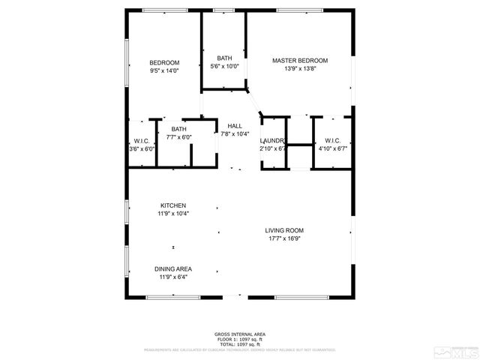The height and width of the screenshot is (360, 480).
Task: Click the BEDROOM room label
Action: click(164, 62)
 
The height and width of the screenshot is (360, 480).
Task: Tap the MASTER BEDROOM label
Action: click(300, 60)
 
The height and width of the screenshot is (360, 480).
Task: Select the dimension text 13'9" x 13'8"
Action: click(300, 69)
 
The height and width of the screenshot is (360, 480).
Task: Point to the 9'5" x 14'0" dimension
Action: click(164, 70)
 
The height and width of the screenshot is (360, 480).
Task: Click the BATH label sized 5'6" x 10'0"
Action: click(224, 58)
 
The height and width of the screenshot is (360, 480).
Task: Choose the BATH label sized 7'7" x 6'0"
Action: click(178, 129)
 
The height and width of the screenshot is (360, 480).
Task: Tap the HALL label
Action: click(235, 126)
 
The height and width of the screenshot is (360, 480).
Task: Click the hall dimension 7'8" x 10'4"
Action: click(235, 134)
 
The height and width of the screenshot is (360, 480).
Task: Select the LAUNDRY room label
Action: click(272, 140)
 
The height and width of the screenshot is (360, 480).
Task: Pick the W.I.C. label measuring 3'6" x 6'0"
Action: click(142, 140)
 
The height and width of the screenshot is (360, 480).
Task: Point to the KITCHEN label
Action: click(173, 205)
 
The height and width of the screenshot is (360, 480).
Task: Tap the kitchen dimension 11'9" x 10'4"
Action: click(173, 214)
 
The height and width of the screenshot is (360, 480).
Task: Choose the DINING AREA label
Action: click(173, 268)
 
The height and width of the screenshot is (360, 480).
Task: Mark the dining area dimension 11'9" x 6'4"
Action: click(173, 277)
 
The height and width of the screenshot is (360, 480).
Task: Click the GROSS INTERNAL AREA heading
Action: click(240, 334)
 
